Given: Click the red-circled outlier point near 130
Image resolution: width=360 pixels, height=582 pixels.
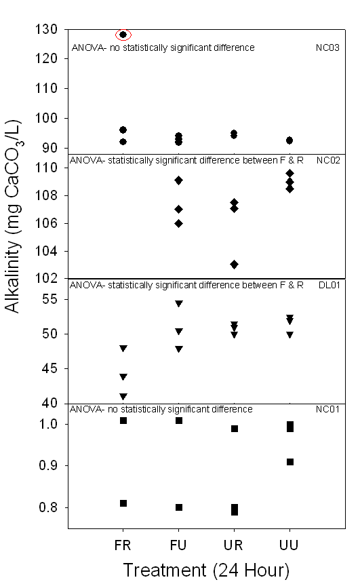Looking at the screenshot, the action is click(123, 35).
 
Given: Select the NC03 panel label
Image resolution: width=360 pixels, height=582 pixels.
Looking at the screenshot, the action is click(327, 47).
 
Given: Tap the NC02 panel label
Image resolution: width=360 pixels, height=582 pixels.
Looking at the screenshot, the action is click(328, 160).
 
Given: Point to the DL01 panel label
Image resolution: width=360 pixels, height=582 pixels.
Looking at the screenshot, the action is click(329, 285).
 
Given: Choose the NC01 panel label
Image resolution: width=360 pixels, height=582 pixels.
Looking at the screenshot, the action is click(327, 409).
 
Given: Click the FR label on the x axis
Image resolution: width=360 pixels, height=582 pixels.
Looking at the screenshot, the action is click(123, 545).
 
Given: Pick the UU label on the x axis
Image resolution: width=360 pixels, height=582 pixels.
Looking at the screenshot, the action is click(289, 545).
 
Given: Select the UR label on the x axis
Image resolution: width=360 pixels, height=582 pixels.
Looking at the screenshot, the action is click(233, 545).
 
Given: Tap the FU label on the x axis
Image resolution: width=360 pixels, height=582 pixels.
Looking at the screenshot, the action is click(178, 545).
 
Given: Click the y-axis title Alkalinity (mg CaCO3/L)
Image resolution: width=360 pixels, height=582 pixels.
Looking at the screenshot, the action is click(14, 216).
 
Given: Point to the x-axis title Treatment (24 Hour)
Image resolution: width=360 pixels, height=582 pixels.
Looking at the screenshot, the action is click(206, 570).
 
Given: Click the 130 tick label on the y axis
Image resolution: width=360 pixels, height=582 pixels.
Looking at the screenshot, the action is click(46, 29).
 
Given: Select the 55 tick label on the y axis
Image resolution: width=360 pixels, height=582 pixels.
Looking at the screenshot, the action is click(49, 298).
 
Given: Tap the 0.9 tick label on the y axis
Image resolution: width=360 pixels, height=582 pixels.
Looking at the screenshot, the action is click(48, 465).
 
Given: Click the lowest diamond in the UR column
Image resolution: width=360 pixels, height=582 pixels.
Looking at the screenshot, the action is click(234, 265).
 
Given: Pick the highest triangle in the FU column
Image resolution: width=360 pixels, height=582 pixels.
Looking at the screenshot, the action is click(179, 304).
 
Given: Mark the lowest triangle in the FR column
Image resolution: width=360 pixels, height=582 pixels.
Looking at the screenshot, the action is click(123, 396).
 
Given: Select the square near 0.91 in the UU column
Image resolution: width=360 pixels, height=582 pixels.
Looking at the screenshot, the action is click(290, 462).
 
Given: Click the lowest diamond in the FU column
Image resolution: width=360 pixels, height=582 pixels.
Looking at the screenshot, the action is click(178, 223).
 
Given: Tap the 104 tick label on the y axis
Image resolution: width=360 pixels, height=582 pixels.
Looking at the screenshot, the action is click(46, 251).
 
